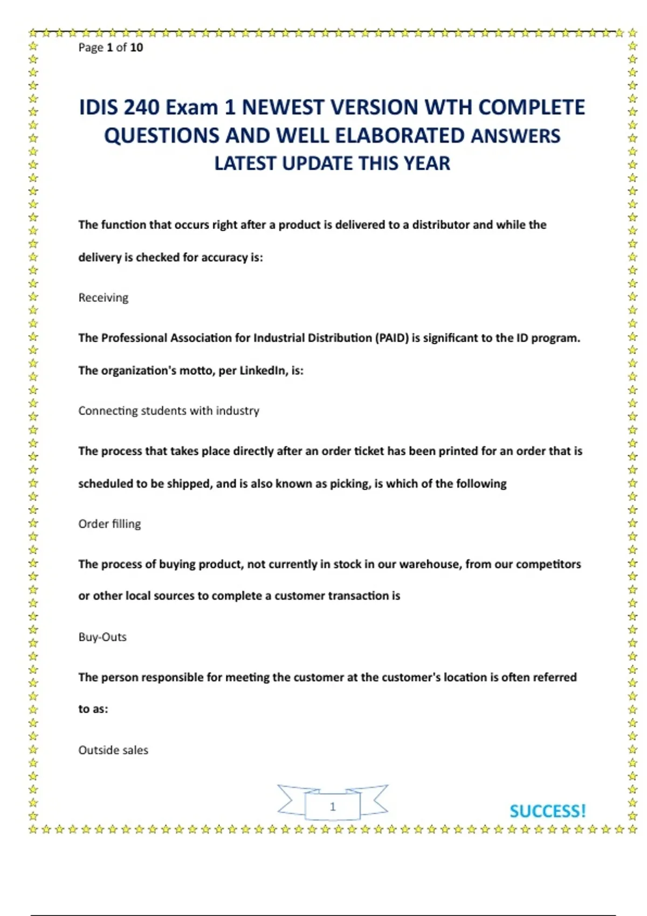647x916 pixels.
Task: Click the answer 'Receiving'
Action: (x=103, y=297)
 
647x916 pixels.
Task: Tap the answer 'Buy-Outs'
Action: (x=102, y=637)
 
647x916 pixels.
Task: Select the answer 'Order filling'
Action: (x=109, y=524)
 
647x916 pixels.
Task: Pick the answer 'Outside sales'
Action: (x=113, y=750)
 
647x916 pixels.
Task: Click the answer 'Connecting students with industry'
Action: (x=169, y=411)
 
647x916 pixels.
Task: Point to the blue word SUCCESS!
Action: (x=547, y=811)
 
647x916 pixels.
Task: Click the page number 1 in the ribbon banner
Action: (x=333, y=807)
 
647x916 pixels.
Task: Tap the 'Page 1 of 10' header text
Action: (x=111, y=47)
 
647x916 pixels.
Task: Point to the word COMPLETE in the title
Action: (x=531, y=107)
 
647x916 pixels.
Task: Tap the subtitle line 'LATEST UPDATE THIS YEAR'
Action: (x=332, y=163)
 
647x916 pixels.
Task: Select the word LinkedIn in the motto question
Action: (x=263, y=371)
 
